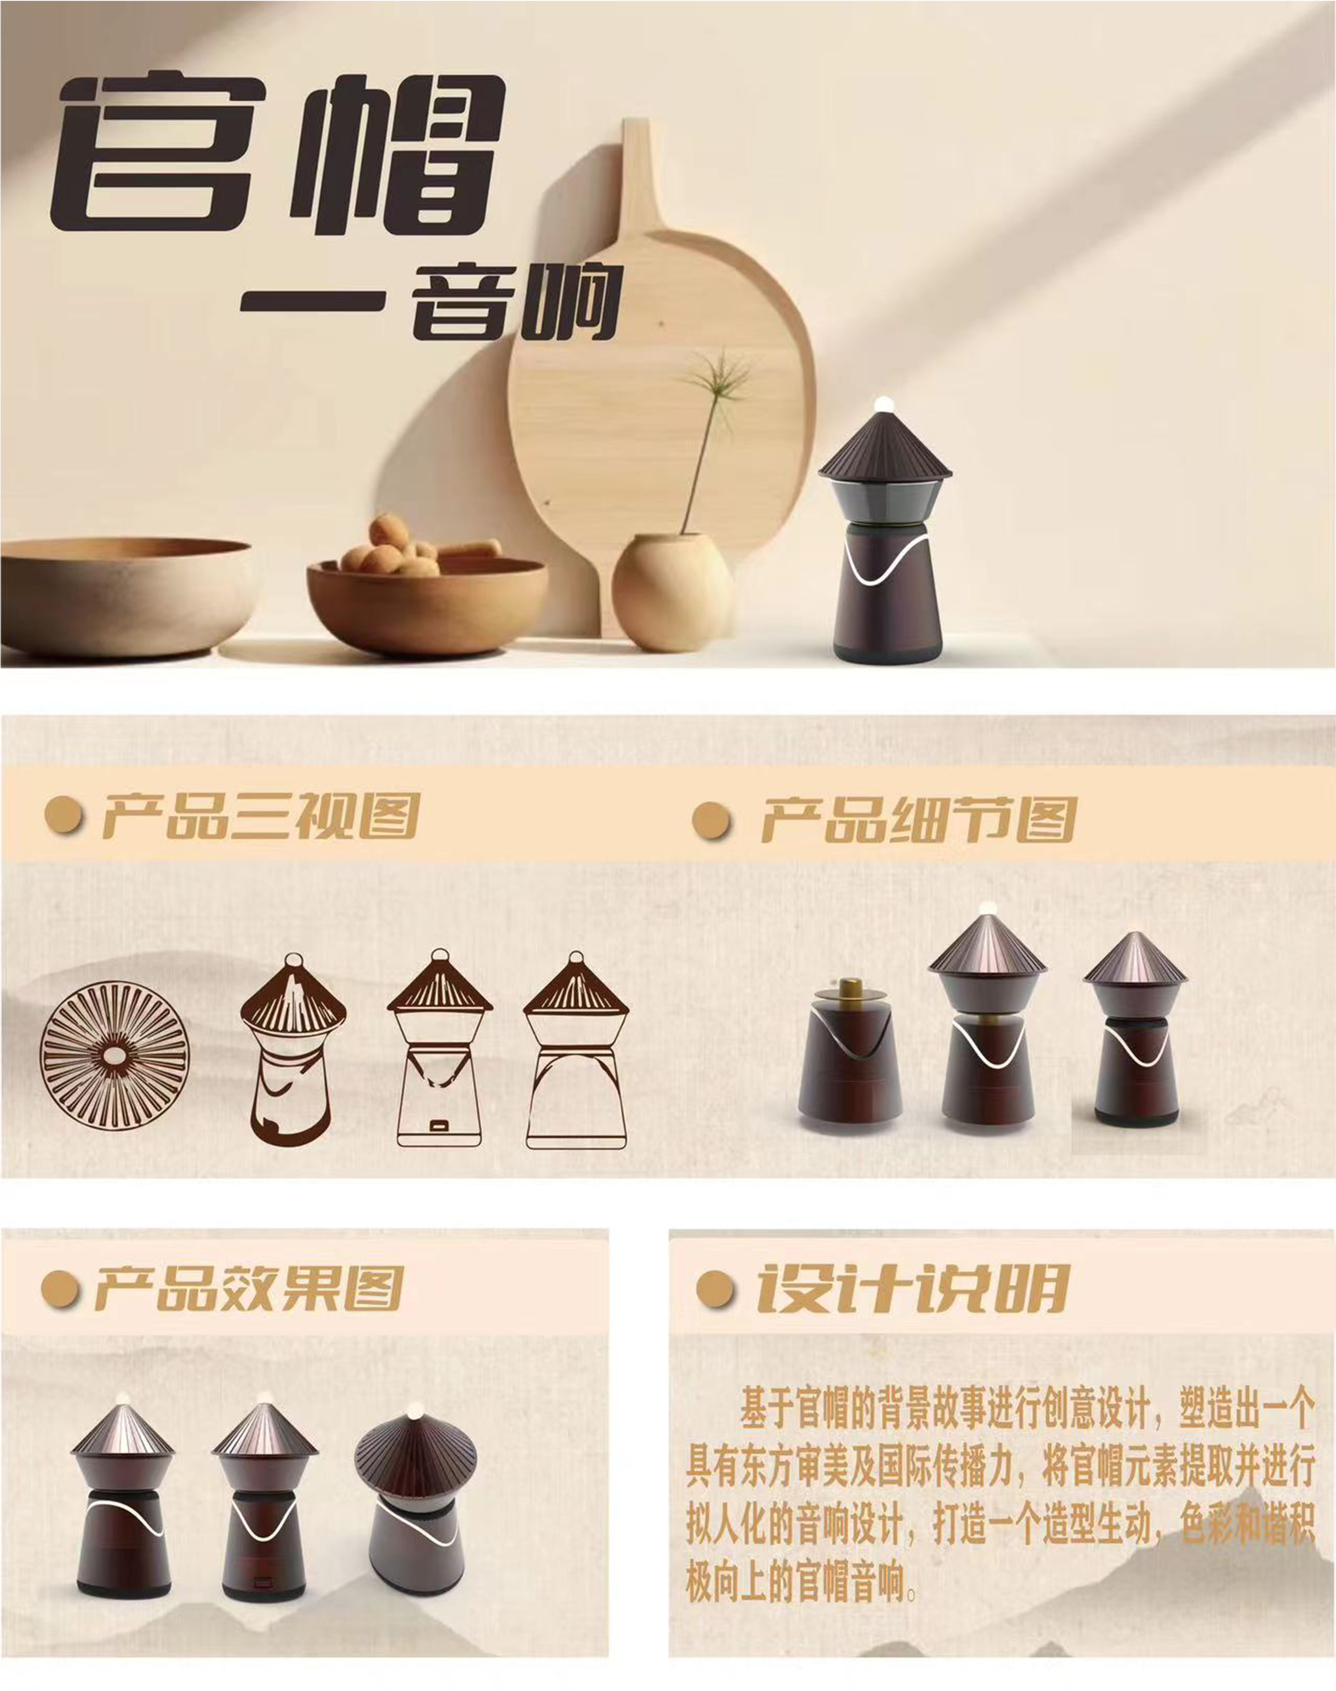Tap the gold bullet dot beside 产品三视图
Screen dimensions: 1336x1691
click(64, 815)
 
